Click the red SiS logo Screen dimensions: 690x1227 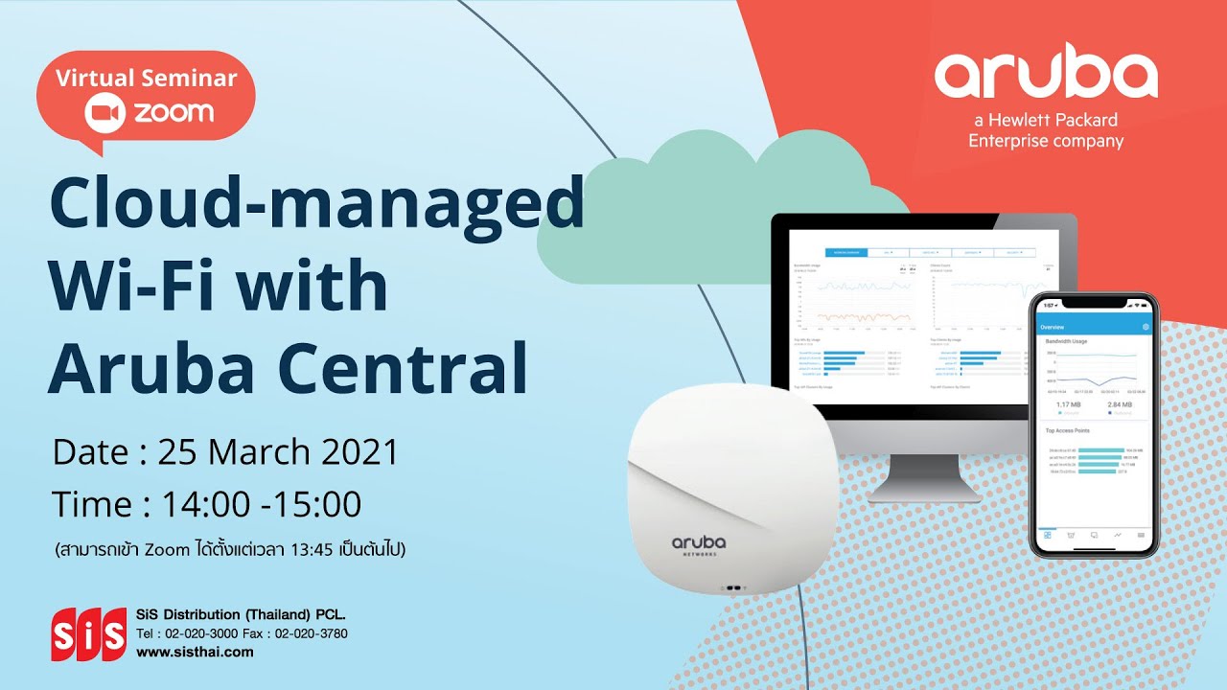pos(88,633)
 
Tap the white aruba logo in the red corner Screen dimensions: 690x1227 pos(1046,76)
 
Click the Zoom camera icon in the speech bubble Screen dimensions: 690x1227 pos(105,113)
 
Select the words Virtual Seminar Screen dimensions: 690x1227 pos(146,79)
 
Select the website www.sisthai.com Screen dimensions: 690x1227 pos(195,652)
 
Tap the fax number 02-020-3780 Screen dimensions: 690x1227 pos(312,633)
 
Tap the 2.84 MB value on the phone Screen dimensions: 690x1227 pos(1120,405)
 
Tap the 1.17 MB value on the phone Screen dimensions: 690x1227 pos(1069,405)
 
